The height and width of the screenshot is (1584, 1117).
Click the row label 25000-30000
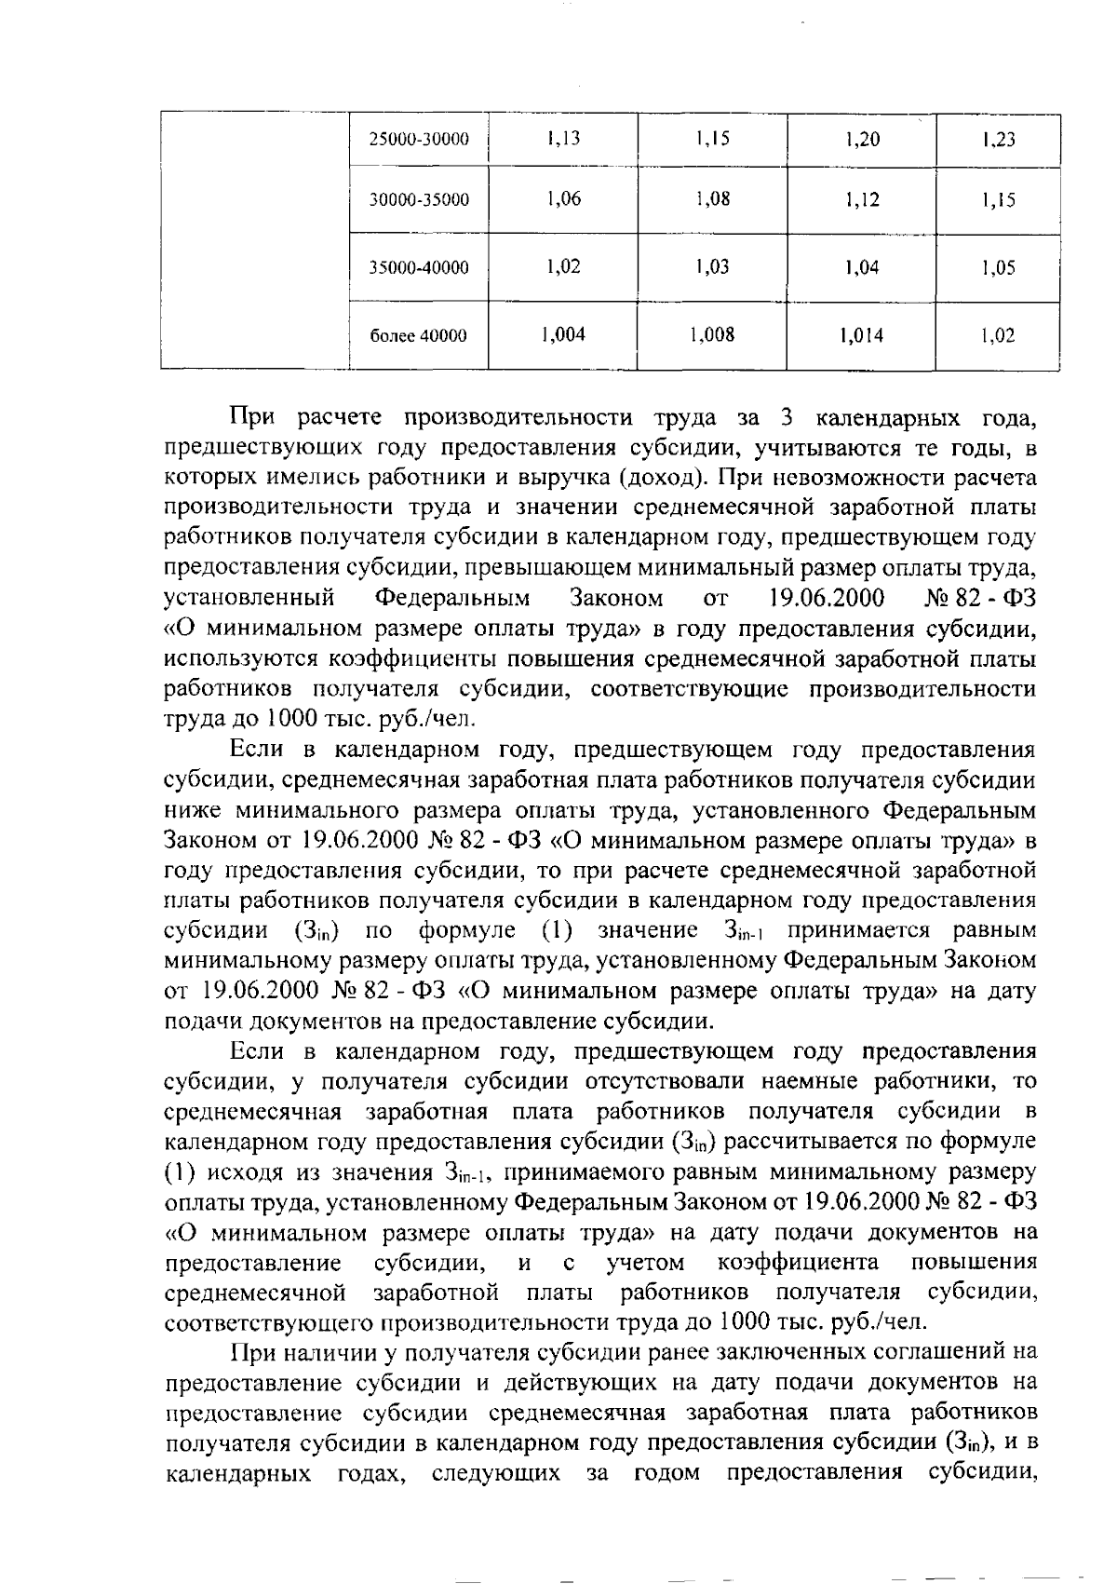[x=419, y=140]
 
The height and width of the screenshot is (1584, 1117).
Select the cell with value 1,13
[x=564, y=139]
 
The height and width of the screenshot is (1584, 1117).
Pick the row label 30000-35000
[x=419, y=200]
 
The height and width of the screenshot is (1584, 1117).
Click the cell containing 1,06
[x=564, y=198]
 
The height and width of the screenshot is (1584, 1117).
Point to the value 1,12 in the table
[x=862, y=199]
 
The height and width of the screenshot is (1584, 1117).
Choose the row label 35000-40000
[x=419, y=268]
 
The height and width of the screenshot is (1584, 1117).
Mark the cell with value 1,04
[x=862, y=268]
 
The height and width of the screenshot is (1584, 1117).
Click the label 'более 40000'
[x=419, y=336]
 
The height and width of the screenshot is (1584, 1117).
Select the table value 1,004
[x=564, y=334]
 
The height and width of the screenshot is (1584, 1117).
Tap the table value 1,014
[x=862, y=336]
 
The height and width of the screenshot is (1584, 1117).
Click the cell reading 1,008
[x=713, y=334]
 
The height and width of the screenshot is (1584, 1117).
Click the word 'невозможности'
[x=862, y=479]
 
